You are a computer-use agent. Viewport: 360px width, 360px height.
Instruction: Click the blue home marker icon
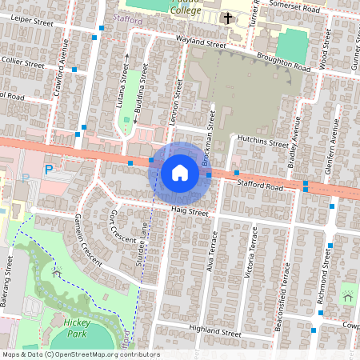point(180,172)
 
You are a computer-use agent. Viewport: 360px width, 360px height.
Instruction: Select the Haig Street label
point(190,212)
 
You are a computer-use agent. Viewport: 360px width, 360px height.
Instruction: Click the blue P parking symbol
point(49,170)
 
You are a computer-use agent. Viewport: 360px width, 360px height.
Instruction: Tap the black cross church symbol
point(227,18)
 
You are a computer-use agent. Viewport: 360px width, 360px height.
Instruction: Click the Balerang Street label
point(10,272)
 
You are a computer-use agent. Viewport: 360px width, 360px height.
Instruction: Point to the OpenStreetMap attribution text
point(80,354)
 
